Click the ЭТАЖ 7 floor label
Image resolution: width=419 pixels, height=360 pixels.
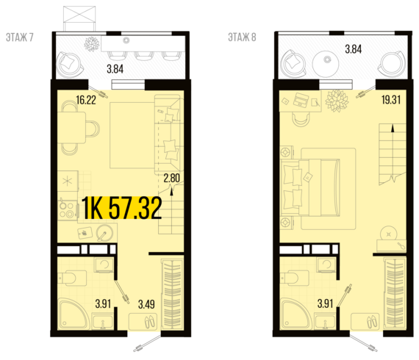(20, 37)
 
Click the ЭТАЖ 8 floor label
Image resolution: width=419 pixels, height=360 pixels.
(242, 37)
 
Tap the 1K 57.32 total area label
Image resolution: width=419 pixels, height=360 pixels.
(121, 208)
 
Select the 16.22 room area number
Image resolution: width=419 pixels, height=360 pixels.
(86, 100)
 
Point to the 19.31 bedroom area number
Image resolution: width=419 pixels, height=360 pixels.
(391, 100)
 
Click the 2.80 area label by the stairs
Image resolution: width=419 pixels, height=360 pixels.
(172, 178)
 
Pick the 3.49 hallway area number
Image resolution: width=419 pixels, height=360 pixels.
(146, 304)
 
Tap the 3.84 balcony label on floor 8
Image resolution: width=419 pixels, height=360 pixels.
(354, 49)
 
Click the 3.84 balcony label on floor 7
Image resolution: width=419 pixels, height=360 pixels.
(115, 69)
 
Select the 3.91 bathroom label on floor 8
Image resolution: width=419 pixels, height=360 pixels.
(325, 303)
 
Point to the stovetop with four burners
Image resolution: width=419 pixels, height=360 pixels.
(68, 210)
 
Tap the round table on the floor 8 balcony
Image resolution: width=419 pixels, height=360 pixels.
(326, 64)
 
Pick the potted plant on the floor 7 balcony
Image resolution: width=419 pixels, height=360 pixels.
(92, 43)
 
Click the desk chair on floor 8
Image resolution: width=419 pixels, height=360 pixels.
(301, 119)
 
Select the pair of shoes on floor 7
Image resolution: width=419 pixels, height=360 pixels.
(149, 322)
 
